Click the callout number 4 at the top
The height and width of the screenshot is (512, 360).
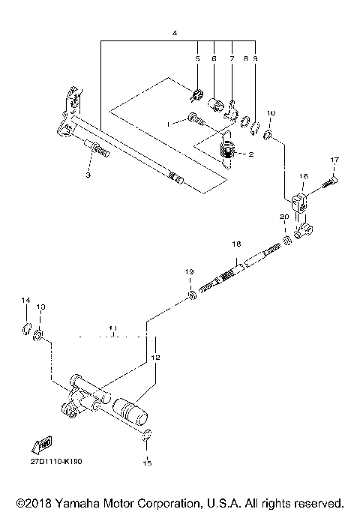pos(174,34)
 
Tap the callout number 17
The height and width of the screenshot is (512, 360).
pos(334,159)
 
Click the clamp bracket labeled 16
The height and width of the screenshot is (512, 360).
pos(298,202)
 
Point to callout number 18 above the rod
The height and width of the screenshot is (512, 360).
pos(235,244)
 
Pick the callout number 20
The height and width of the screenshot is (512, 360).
pos(283,216)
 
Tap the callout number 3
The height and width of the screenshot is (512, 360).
pos(88,175)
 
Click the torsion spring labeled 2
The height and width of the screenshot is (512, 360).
pos(228,152)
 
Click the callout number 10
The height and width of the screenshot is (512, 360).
pos(271,112)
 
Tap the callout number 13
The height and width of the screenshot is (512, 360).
pos(41,307)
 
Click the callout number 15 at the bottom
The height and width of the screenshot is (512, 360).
pos(147,463)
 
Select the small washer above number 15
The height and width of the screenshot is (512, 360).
pos(147,434)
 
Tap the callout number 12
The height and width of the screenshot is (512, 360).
pos(156,358)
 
